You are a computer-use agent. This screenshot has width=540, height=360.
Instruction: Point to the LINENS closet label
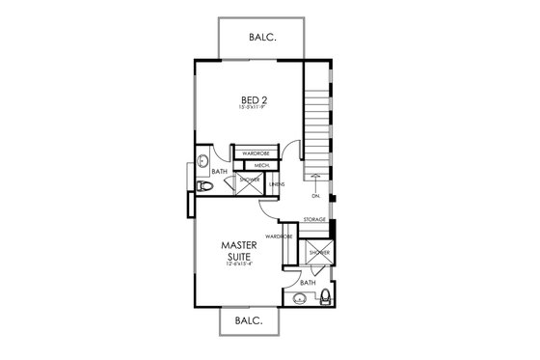(x=277, y=183)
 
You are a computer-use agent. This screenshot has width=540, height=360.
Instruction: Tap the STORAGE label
(x=314, y=220)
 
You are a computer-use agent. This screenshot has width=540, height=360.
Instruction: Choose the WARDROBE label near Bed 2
(x=255, y=152)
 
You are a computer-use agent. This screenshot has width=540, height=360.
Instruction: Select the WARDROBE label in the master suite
(x=280, y=235)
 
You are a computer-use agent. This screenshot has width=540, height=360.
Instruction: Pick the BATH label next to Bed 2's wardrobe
(x=220, y=173)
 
